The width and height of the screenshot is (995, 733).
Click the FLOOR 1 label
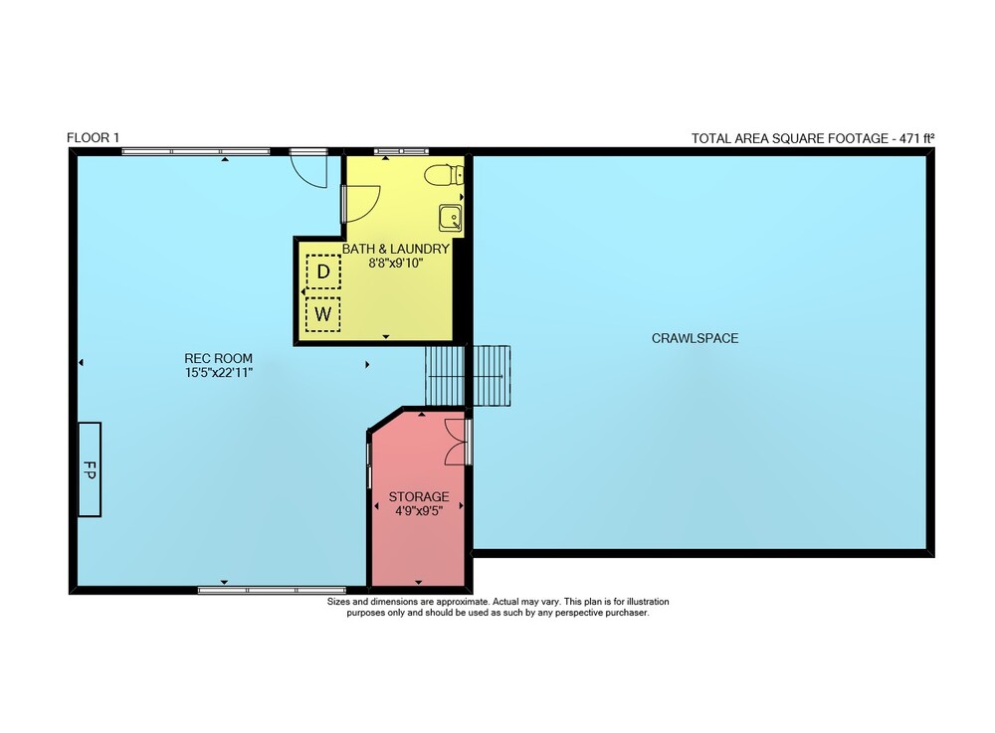tap(93, 137)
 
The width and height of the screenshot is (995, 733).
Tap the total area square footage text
tap(813, 138)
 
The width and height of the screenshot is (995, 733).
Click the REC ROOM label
tap(218, 358)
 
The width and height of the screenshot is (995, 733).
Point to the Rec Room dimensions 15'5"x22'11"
tap(218, 373)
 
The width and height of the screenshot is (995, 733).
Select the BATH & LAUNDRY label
tap(396, 249)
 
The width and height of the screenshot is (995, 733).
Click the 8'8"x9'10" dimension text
tap(396, 263)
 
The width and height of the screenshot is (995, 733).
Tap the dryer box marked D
tap(323, 273)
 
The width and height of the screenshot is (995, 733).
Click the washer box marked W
tap(323, 314)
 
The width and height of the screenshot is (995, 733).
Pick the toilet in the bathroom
tap(444, 175)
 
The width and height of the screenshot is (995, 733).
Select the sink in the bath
tap(451, 218)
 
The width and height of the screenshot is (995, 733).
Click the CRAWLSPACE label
tap(695, 338)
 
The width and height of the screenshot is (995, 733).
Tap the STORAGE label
tap(419, 497)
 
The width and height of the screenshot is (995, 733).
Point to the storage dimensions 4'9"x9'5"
tap(419, 511)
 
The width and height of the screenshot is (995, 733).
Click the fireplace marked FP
tap(90, 469)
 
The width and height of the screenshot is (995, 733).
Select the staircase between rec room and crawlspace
tap(468, 375)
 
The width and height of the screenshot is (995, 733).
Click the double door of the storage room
tap(456, 443)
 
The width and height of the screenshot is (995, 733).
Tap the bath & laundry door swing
tap(361, 204)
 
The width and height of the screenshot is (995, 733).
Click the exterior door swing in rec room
tap(308, 171)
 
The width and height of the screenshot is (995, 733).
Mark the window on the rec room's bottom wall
tap(273, 591)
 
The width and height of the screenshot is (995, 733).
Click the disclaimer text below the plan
tap(498, 608)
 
